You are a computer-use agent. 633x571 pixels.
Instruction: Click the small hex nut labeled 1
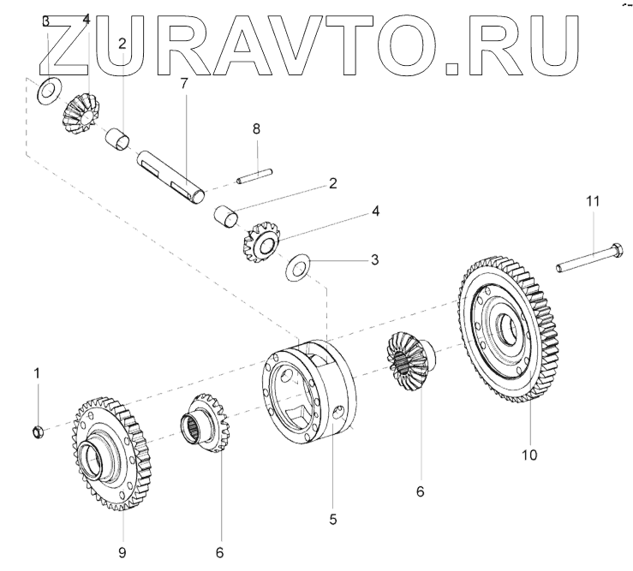point(38,431)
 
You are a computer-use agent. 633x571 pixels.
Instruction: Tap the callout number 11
point(593,201)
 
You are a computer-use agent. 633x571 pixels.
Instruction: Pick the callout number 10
point(530,455)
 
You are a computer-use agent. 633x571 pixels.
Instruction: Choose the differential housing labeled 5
point(312,390)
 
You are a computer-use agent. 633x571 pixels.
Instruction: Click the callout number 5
point(333,519)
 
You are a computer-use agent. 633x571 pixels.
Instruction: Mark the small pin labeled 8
point(254,177)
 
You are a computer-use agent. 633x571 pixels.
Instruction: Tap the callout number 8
point(255,128)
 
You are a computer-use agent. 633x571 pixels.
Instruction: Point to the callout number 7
point(182,83)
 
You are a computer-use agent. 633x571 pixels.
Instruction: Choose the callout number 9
point(122,551)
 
